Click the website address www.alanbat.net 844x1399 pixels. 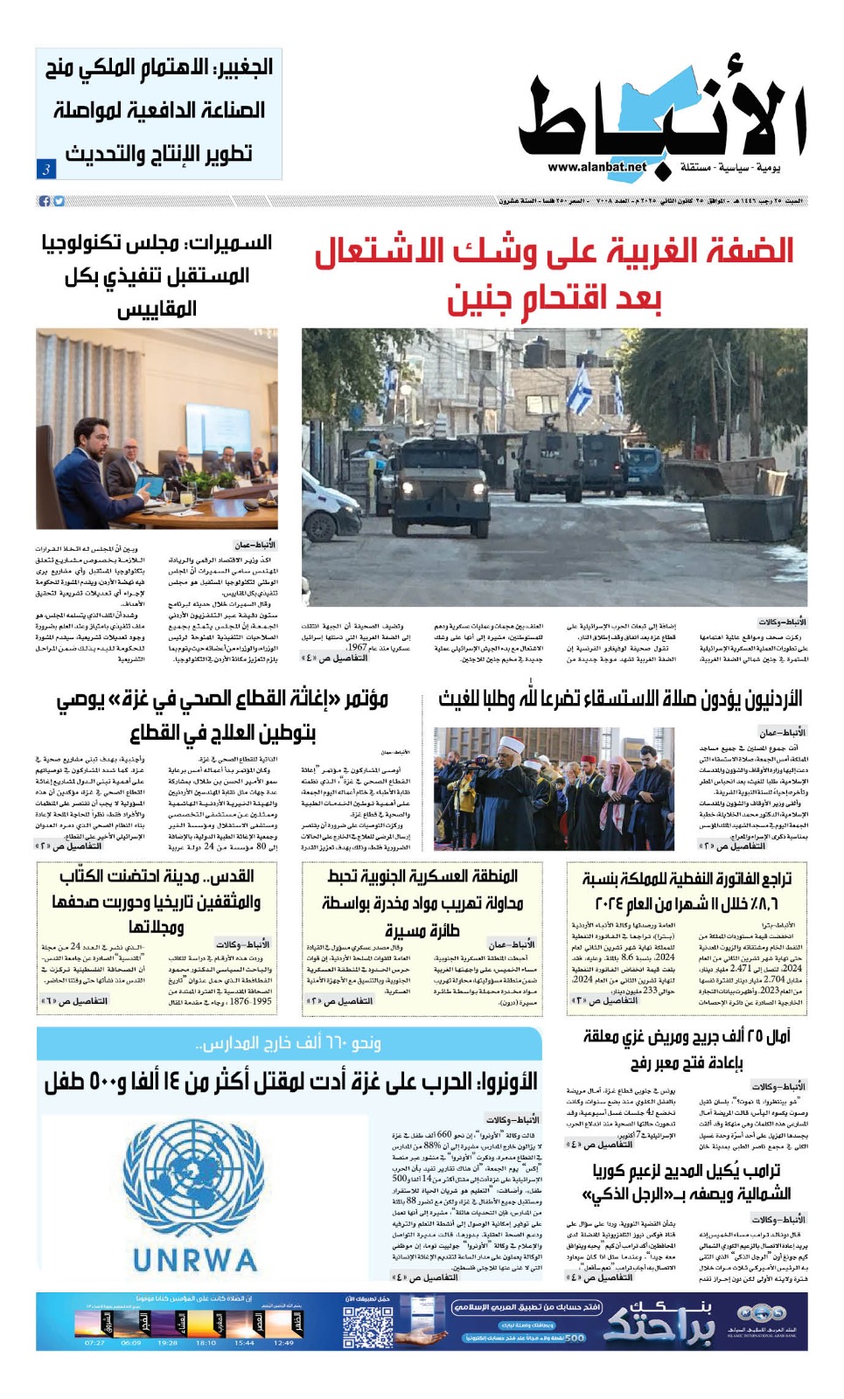[596, 167]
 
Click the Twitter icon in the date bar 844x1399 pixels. [59, 201]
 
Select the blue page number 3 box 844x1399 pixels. [45, 169]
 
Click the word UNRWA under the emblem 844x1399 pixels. [195, 1260]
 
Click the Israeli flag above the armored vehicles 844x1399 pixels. [579, 391]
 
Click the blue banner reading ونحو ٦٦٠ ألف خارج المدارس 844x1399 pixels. [289, 1043]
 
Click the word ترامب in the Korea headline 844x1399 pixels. [757, 1170]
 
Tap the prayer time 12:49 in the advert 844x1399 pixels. [283, 1342]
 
